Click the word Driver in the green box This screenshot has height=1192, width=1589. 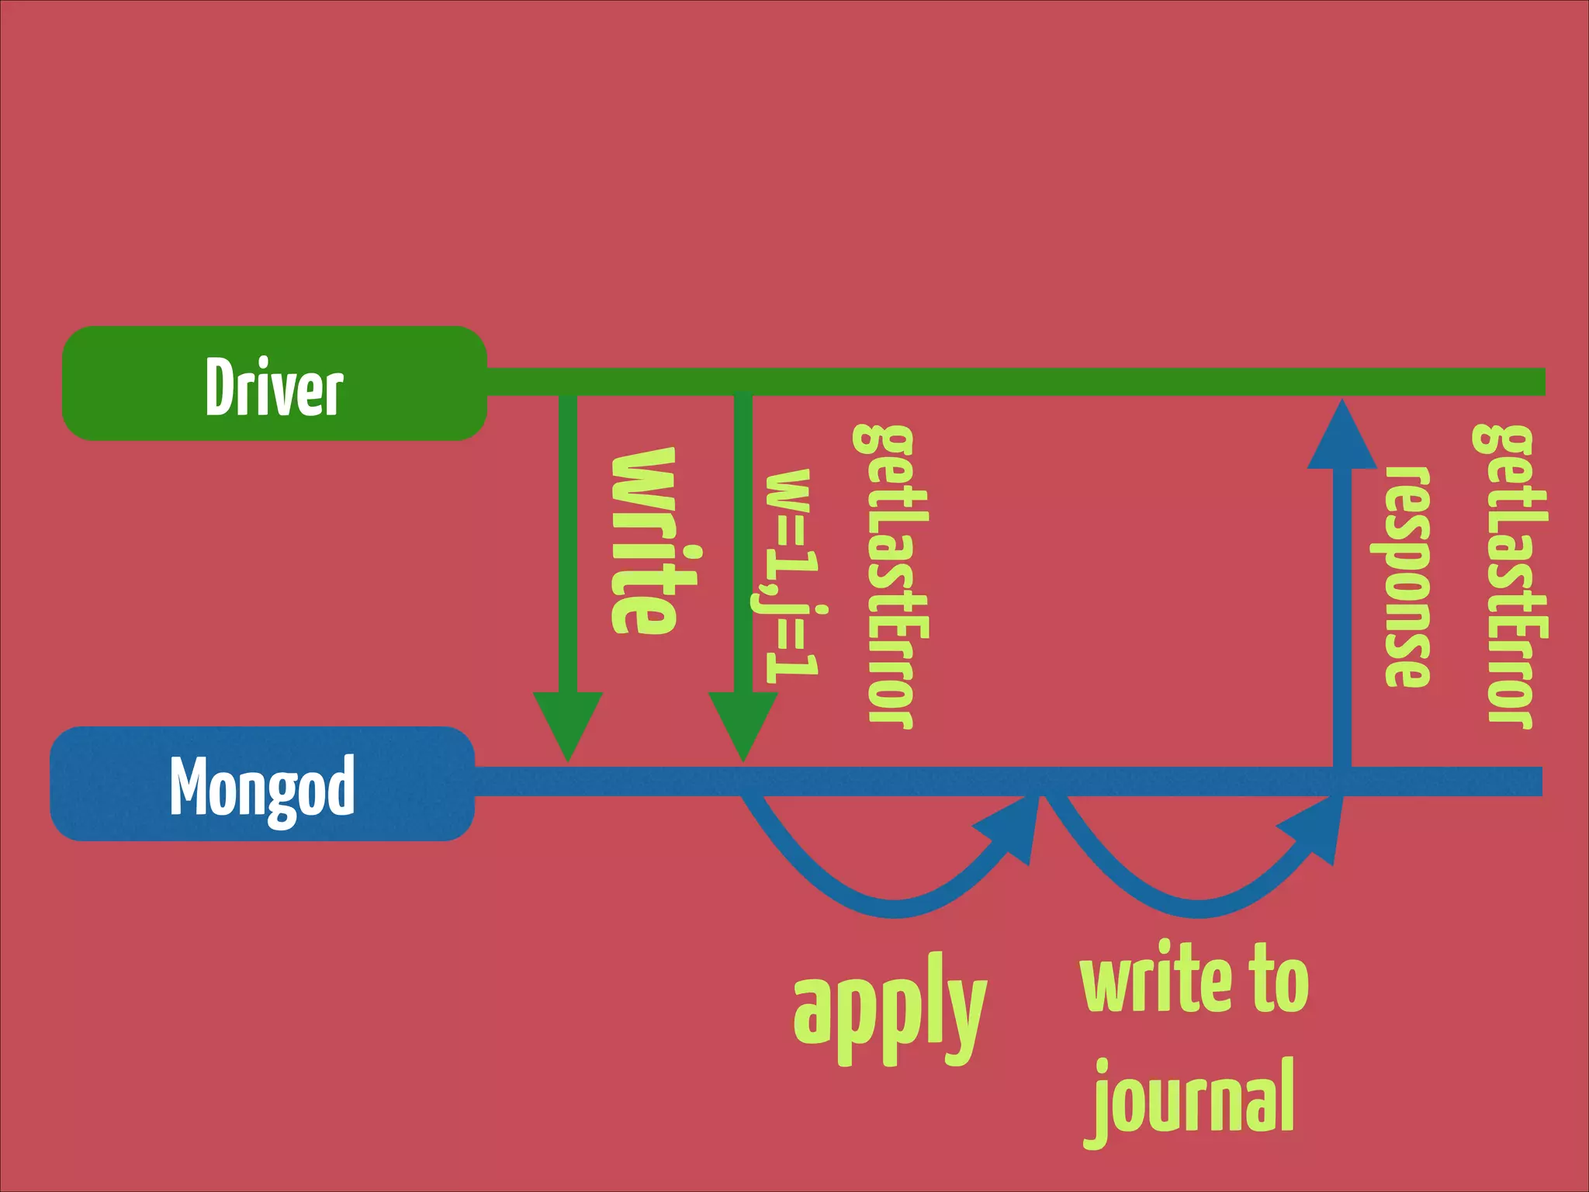pos(274,386)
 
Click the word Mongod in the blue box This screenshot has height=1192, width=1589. pos(262,786)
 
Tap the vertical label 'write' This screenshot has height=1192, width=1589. pos(645,542)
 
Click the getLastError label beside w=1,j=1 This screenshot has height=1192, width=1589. pos(891,576)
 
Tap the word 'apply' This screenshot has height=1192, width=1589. pos(889,1009)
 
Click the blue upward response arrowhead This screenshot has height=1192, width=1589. pos(1341,439)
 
